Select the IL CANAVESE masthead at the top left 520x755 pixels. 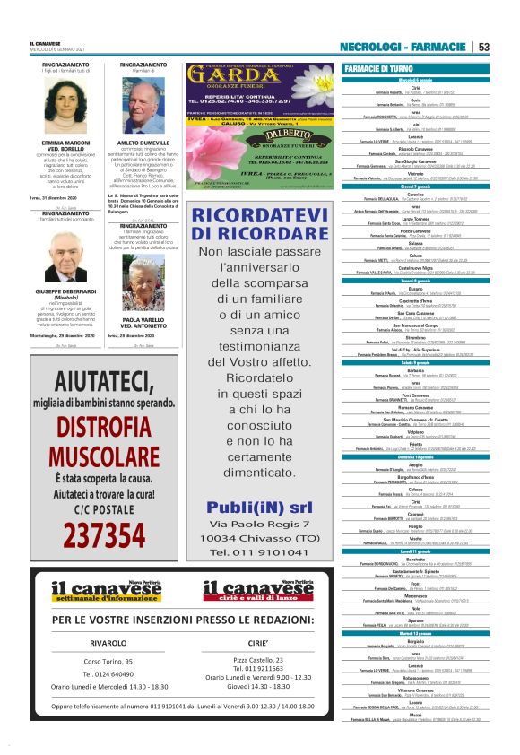(46, 43)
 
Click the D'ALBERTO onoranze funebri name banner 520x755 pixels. (262, 134)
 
